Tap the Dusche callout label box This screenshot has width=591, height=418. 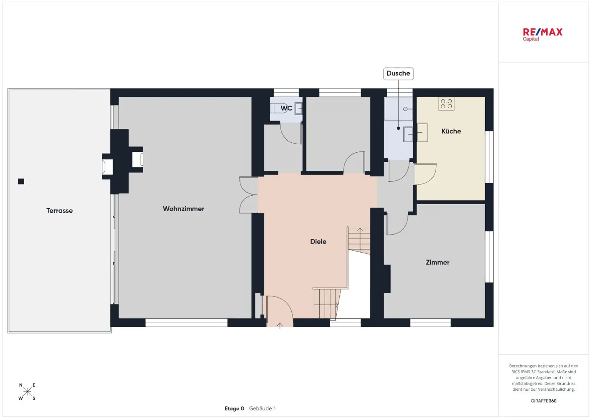coord(398,73)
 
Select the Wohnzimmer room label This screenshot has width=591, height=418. coord(184,209)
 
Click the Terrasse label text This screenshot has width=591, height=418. coord(59,211)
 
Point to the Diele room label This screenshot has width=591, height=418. coord(318,241)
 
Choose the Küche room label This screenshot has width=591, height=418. coord(451,131)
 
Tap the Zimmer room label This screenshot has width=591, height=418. coord(437,262)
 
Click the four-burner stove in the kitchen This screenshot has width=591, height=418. coord(446,104)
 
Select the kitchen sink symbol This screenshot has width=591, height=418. coord(422,132)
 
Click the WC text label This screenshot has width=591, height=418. coord(286,108)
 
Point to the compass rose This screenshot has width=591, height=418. coord(27,391)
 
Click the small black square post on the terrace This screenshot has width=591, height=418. coord(21,182)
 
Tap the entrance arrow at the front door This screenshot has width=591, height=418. coord(280,326)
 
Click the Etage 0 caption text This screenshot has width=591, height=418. coord(234,408)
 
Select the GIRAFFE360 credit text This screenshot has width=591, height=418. coord(544,401)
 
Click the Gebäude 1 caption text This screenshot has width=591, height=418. coord(262,408)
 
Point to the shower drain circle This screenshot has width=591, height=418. coord(405,109)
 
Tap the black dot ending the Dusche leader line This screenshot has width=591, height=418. coord(398,128)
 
